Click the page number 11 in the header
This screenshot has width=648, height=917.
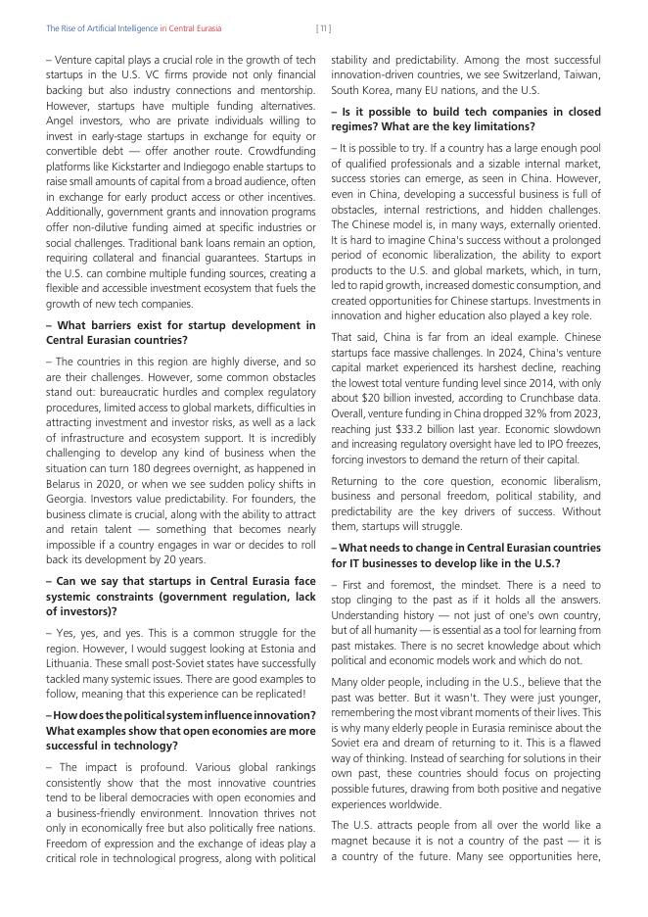(323, 28)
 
